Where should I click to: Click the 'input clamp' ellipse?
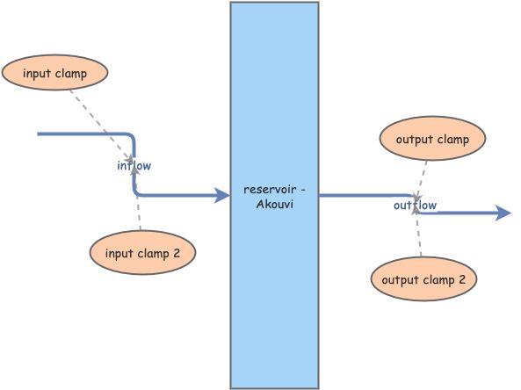[x=54, y=73]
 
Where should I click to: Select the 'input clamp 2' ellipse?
[x=142, y=254]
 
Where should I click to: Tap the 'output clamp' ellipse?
[x=432, y=140]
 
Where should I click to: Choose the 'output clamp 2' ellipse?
[x=424, y=280]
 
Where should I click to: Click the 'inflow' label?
[x=134, y=165]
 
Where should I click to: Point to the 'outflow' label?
[x=415, y=206]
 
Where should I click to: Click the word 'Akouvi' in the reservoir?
[x=274, y=204]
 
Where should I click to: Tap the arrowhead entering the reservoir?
[x=222, y=195]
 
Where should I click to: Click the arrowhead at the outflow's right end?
[x=503, y=213]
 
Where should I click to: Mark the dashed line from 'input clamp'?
[x=104, y=124]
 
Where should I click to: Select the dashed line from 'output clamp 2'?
[x=418, y=232]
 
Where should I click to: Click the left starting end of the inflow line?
[x=40, y=134]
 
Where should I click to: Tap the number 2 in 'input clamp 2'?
[x=177, y=254]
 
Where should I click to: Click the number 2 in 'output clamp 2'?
[x=462, y=280]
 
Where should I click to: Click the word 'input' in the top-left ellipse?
[x=36, y=73]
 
